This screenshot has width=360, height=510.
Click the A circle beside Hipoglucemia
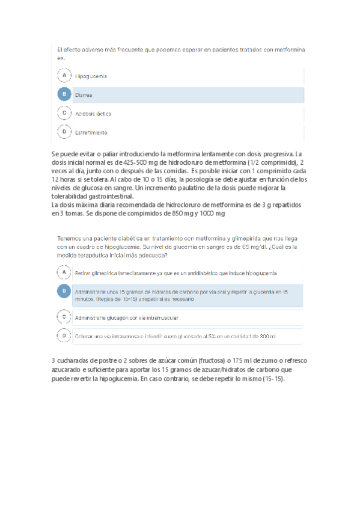pyautogui.click(x=64, y=76)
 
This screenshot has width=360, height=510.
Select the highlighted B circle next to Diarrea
pyautogui.click(x=64, y=95)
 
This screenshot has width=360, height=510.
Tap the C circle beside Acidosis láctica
pyautogui.click(x=64, y=113)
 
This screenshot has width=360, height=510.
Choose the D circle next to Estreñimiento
pyautogui.click(x=64, y=132)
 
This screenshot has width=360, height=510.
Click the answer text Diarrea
pyautogui.click(x=84, y=95)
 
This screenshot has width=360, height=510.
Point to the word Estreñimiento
pyautogui.click(x=91, y=132)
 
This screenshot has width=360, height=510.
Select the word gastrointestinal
pyautogui.click(x=129, y=196)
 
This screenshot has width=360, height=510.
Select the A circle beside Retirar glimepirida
pyautogui.click(x=64, y=273)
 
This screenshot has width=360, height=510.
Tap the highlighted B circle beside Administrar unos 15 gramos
pyautogui.click(x=64, y=291)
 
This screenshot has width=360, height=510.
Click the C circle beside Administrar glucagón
pyautogui.click(x=64, y=316)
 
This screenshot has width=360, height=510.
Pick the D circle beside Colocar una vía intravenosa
pyautogui.click(x=64, y=336)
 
